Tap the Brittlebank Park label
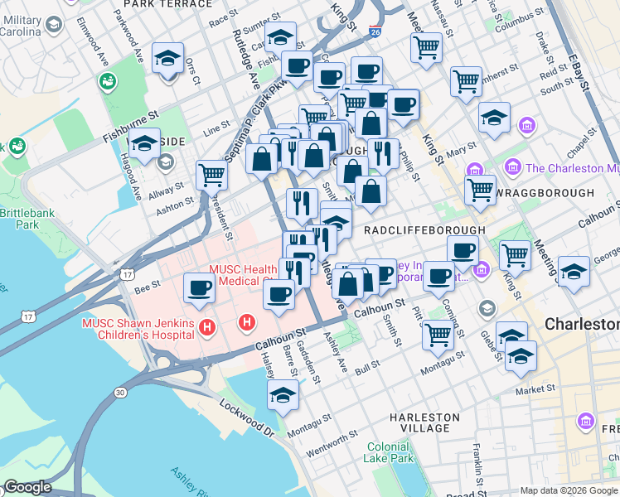click(x=20, y=218)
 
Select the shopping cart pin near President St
click(x=212, y=175)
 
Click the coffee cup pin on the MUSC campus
click(x=199, y=287)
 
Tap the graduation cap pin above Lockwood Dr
click(x=283, y=394)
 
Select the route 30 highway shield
click(x=122, y=391)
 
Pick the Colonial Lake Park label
click(x=389, y=452)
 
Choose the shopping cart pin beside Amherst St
click(x=466, y=81)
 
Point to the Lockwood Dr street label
click(x=247, y=419)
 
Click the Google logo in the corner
click(x=27, y=487)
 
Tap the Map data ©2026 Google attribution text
click(x=569, y=490)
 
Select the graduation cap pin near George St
click(x=574, y=271)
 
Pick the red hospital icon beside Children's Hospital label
click(x=207, y=329)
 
